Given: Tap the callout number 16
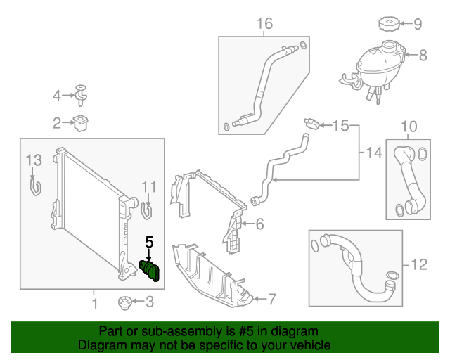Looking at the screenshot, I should click(264, 25).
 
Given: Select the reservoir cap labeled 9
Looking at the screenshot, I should click(388, 25).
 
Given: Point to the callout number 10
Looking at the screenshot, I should click(409, 127).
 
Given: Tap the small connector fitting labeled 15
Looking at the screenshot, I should click(310, 124).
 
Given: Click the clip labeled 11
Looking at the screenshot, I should click(148, 209).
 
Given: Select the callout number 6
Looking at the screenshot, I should click(259, 224).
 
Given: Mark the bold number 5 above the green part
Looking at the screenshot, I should click(148, 242).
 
